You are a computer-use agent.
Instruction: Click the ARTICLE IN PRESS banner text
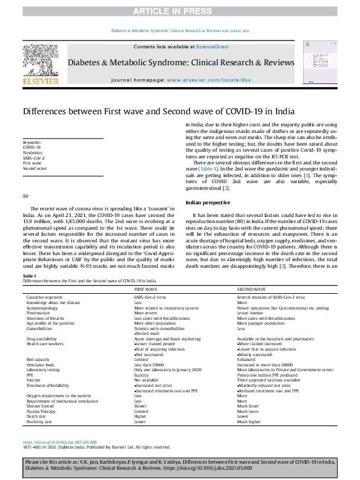click(180, 11)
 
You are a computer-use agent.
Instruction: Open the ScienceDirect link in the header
click(211, 47)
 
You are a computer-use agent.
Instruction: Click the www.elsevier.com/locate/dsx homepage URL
click(208, 80)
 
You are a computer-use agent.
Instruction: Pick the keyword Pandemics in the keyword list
click(33, 152)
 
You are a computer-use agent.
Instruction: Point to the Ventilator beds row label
click(41, 364)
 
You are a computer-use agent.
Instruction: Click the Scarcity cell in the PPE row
click(142, 374)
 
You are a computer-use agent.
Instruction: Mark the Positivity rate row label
click(39, 421)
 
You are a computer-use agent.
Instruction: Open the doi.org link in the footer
click(59, 442)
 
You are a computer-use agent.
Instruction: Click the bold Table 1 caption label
click(30, 276)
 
